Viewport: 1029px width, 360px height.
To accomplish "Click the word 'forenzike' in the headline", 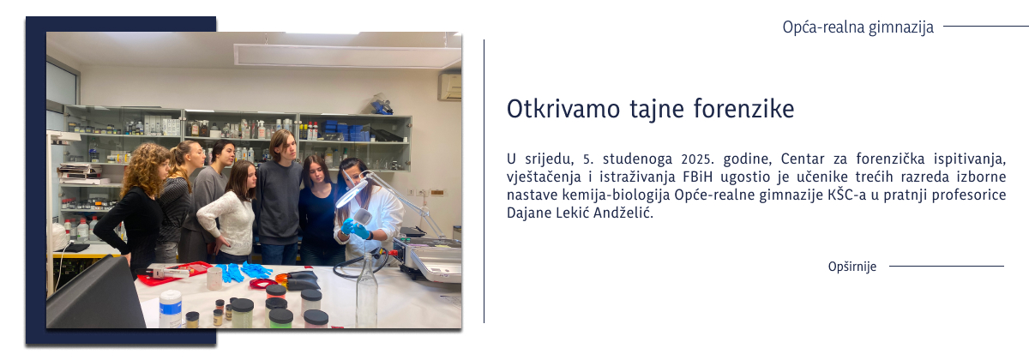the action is tap(743, 110).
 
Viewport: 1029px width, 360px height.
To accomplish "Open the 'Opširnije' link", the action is tap(852, 267).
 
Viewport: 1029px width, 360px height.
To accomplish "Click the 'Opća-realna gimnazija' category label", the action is tap(858, 27).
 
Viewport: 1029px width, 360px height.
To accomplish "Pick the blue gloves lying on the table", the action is tap(244, 271).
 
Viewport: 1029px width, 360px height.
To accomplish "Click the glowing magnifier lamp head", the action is tap(352, 194).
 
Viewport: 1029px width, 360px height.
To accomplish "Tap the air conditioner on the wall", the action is tap(449, 87).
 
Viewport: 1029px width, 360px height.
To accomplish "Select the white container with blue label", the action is tap(171, 309).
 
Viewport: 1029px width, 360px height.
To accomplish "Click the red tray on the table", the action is tap(175, 273).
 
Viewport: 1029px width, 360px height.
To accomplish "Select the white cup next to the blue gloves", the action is tap(214, 278).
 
